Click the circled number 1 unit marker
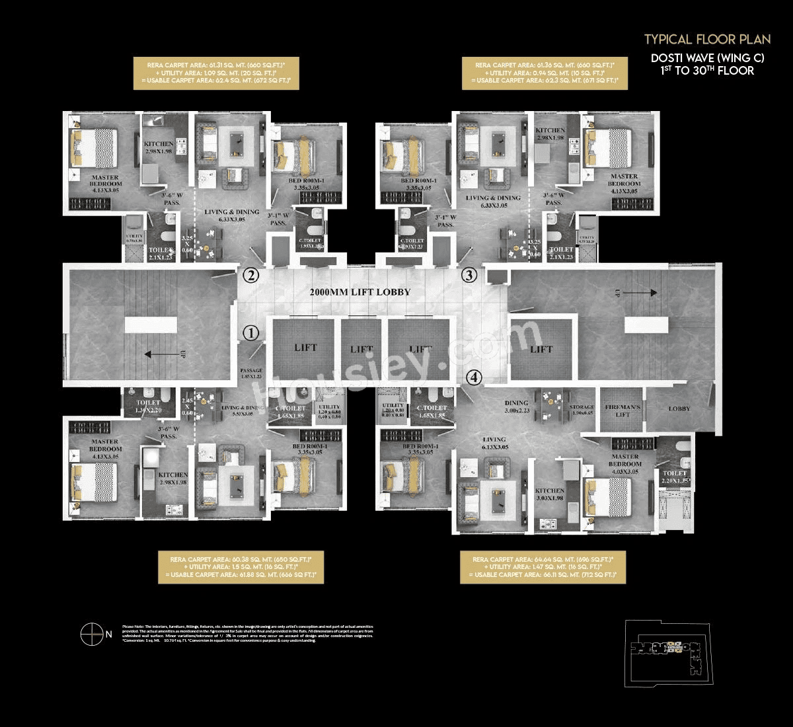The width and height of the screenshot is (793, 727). tap(250, 334)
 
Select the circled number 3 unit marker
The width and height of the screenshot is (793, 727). tap(469, 276)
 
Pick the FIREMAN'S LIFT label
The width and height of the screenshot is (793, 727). tap(623, 410)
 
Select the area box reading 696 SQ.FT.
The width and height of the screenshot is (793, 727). tap(543, 568)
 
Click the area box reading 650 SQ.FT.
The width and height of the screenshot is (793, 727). tap(241, 568)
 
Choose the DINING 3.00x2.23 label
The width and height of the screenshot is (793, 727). tap(516, 406)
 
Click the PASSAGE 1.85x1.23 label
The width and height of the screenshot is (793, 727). tap(251, 373)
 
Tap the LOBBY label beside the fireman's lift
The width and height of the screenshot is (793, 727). tap(679, 409)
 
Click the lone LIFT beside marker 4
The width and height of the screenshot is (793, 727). tap(541, 350)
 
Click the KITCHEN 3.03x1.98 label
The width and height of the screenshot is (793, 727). tap(550, 494)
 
